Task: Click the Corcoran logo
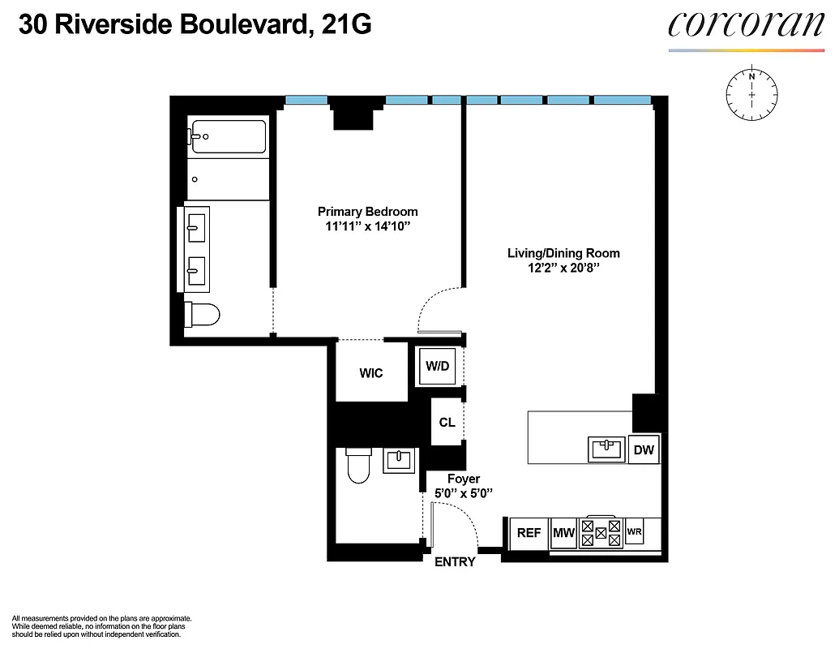pyautogui.click(x=746, y=26)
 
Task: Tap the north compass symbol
pyautogui.click(x=752, y=95)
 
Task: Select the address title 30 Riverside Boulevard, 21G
pyautogui.click(x=195, y=26)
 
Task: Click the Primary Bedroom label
pyautogui.click(x=367, y=212)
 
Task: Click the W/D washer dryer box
pyautogui.click(x=438, y=366)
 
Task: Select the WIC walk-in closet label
pyautogui.click(x=371, y=373)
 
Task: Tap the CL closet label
pyautogui.click(x=447, y=423)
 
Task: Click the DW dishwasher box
pyautogui.click(x=644, y=449)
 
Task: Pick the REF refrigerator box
pyautogui.click(x=529, y=533)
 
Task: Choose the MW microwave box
pyautogui.click(x=563, y=533)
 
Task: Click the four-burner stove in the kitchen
pyautogui.click(x=601, y=533)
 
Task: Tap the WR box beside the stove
pyautogui.click(x=634, y=533)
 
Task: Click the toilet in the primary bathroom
pyautogui.click(x=200, y=314)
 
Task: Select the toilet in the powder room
pyautogui.click(x=357, y=466)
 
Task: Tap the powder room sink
pyautogui.click(x=399, y=460)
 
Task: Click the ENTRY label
pyautogui.click(x=455, y=562)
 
